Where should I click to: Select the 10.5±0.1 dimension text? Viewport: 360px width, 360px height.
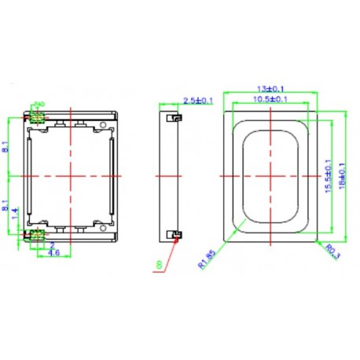click(270, 100)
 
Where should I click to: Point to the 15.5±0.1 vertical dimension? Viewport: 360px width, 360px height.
click(328, 174)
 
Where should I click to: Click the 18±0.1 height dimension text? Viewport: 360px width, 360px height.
click(341, 174)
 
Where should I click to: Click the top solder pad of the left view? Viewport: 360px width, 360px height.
click(35, 117)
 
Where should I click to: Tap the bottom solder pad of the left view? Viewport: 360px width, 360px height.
click(35, 234)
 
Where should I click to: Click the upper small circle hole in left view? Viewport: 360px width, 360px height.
click(104, 126)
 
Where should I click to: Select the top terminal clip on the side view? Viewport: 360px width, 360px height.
click(176, 118)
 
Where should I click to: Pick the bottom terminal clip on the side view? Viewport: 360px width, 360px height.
click(176, 233)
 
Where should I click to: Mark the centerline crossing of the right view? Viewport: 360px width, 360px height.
click(270, 176)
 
